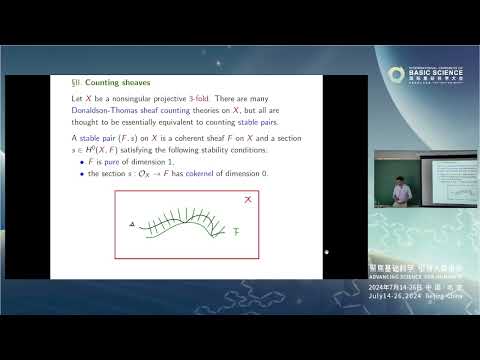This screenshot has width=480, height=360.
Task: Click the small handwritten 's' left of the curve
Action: [132, 225]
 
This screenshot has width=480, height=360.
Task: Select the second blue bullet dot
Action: [82, 174]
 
